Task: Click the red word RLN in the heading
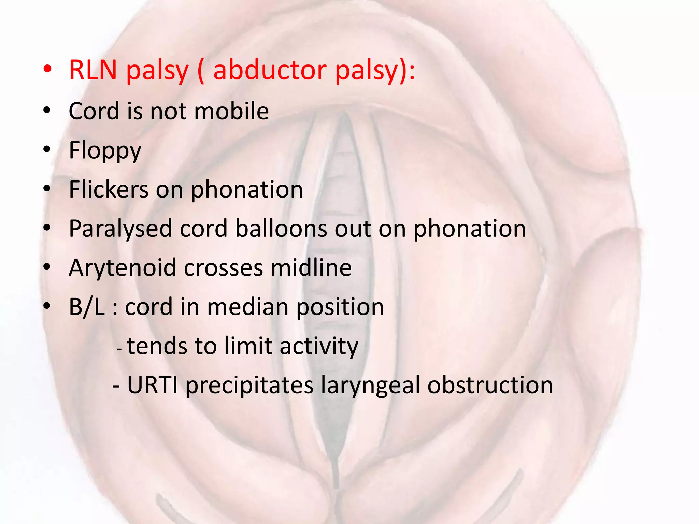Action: tap(93, 70)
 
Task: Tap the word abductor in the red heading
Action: tap(269, 70)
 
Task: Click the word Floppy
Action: tap(105, 151)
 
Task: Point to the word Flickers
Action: tap(109, 190)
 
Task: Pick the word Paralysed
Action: tap(120, 229)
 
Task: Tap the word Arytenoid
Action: tap(123, 268)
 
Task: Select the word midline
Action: tap(311, 268)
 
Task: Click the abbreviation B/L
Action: tap(87, 307)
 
